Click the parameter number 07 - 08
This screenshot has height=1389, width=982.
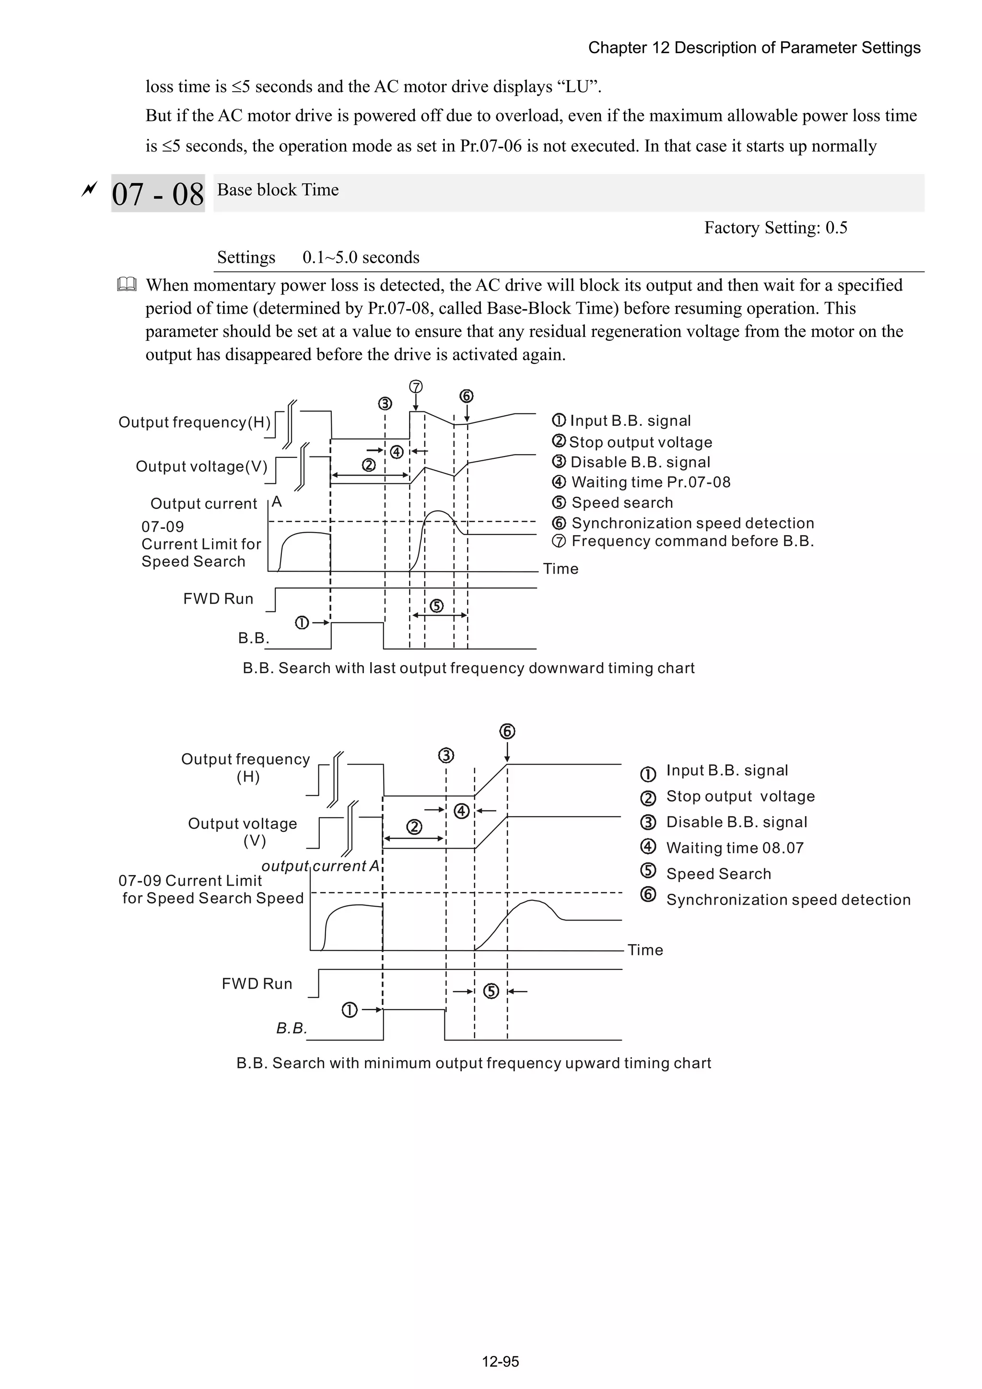click(158, 194)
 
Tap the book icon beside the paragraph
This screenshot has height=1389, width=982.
click(127, 284)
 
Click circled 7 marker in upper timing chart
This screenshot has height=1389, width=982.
click(416, 386)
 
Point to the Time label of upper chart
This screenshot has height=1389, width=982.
click(560, 569)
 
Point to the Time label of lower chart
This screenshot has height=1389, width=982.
click(645, 950)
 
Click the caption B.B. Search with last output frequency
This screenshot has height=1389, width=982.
click(468, 668)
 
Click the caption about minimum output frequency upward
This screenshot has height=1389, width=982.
click(473, 1063)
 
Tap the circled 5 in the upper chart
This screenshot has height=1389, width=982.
click(436, 606)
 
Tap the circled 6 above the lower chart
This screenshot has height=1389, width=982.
click(507, 731)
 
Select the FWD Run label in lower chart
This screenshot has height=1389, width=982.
click(257, 984)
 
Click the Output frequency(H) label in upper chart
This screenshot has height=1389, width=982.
click(194, 422)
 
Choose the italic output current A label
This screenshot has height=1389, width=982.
click(320, 866)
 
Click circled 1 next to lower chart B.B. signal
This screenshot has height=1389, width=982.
click(350, 1010)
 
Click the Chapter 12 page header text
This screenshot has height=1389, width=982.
click(754, 48)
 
